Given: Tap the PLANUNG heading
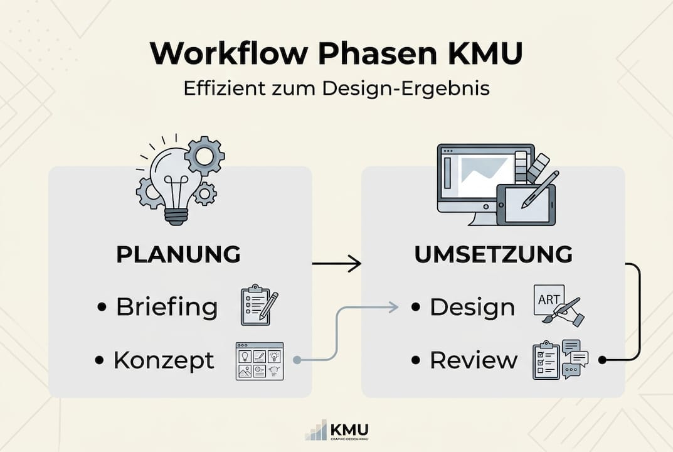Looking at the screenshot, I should [x=179, y=255].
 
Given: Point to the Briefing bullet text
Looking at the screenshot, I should [x=167, y=308].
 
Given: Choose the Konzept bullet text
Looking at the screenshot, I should [x=164, y=360].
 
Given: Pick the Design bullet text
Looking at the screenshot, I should [x=472, y=308].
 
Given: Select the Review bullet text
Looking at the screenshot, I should [x=474, y=360].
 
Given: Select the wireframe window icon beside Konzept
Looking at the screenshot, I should [x=259, y=360].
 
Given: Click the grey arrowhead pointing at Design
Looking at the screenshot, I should [x=393, y=307].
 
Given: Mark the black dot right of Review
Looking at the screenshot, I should [x=602, y=360].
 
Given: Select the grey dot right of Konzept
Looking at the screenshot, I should [x=297, y=360].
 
